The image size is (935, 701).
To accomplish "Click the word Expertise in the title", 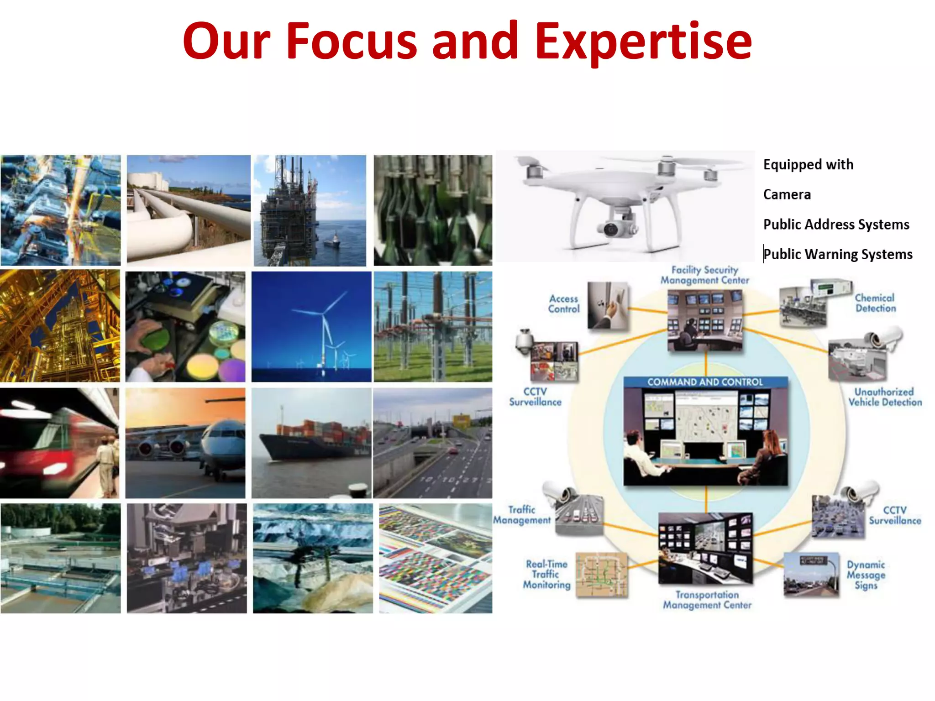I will point(643,42).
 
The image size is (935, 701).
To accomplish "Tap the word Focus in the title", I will point(351,42).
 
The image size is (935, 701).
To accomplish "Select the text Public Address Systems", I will point(836,225).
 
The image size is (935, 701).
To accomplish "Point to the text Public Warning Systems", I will point(838,254).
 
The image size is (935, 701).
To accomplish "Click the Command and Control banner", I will point(705,382).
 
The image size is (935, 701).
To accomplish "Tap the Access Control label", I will point(564,304).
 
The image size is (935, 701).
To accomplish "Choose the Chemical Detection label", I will point(875,303).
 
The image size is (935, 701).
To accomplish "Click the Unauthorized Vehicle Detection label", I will point(885,397).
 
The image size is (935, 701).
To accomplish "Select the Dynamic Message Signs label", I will point(866,575).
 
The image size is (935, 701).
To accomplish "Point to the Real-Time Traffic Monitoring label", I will point(546,575).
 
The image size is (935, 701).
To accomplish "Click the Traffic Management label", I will point(522,515).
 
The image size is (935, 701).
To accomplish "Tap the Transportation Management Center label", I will point(707,600).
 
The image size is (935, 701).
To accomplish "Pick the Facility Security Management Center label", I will point(704,275).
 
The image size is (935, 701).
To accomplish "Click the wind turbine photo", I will point(311,327).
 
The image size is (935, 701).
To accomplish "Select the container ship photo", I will point(311,443).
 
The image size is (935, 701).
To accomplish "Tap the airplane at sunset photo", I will point(185,443).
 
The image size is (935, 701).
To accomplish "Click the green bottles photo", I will point(433,210).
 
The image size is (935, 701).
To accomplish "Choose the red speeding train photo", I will point(60,443).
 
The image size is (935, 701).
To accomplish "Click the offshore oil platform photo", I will point(310,210).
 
